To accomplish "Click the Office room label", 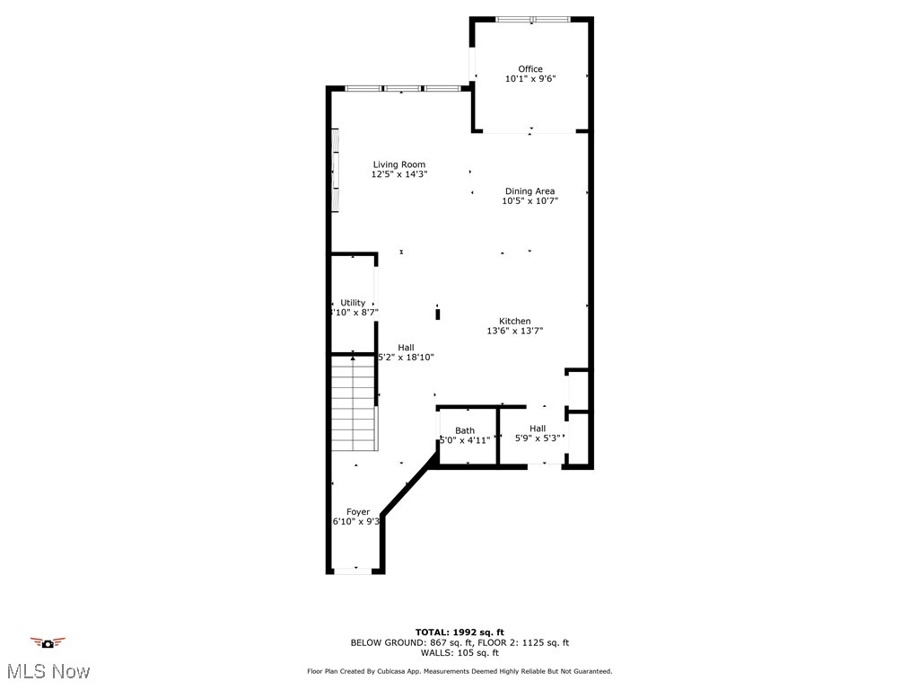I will (x=530, y=69).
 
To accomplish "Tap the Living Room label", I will (x=399, y=164).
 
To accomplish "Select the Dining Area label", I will (x=530, y=191).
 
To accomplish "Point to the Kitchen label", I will (x=515, y=321).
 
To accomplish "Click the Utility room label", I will (x=353, y=303).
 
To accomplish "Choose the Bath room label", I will (x=465, y=430).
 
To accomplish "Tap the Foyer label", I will (x=358, y=512).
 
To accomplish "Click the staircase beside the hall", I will (x=353, y=404).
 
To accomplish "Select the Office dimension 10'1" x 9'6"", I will (x=530, y=79).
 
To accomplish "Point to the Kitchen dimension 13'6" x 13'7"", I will (x=515, y=332).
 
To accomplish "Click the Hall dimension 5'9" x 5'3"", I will (x=538, y=438).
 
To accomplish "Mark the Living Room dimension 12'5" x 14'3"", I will (x=399, y=174).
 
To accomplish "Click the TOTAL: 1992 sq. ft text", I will (x=459, y=632).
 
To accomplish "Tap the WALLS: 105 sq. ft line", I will (x=459, y=653).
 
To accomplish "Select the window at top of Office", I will (x=532, y=19).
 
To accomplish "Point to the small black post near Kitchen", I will (x=438, y=314).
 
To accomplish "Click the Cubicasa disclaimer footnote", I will (x=459, y=671).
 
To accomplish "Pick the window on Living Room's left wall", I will (x=335, y=171).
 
